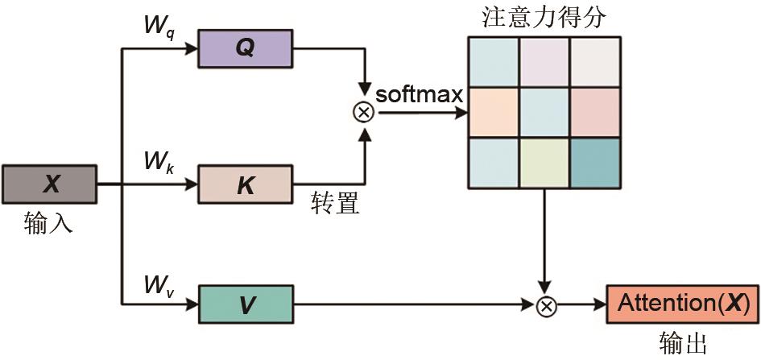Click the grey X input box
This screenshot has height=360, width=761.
tap(50, 184)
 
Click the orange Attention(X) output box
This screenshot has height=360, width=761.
tap(682, 304)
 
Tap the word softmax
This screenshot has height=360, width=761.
tap(420, 94)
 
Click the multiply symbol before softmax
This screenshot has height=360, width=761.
tap(364, 112)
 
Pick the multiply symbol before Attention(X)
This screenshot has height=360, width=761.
tap(547, 305)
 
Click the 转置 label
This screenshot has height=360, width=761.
tap(334, 204)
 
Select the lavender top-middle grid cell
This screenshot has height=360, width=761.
tap(544, 62)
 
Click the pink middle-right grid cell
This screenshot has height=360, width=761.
tap(596, 112)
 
